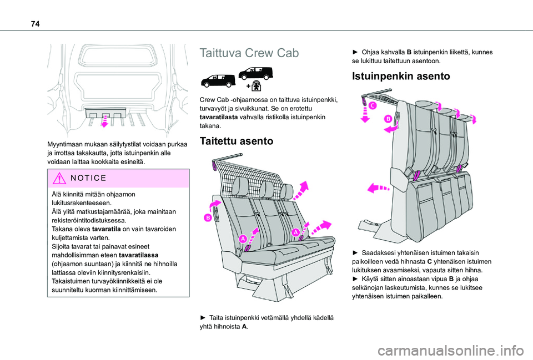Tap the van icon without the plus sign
pyautogui.click(x=219, y=81)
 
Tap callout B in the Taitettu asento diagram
pyautogui.click(x=207, y=218)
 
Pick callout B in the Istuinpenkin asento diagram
pyautogui.click(x=388, y=119)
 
